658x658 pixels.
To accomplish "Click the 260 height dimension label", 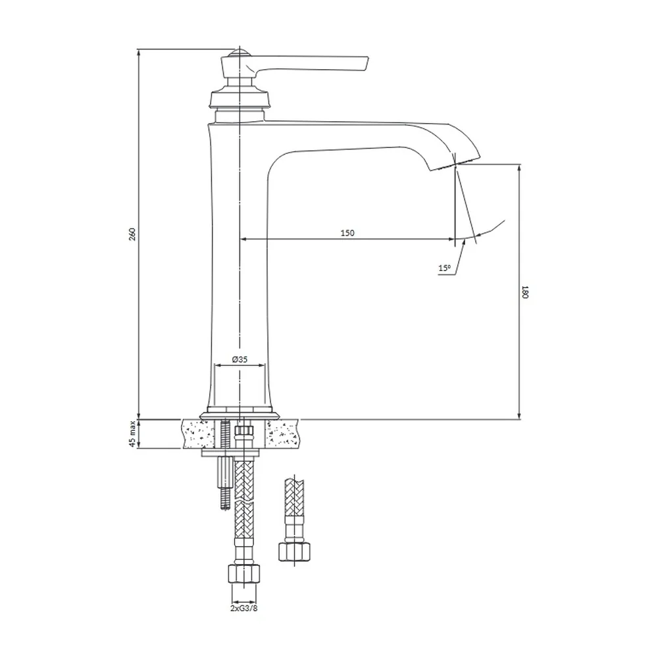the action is pos(132,234).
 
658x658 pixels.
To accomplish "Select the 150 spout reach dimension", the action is pos(347,232).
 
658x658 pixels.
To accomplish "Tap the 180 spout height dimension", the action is pos(525,291).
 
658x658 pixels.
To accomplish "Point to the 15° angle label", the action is pos(444,268).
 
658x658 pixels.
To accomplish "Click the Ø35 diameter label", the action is pos(240,359).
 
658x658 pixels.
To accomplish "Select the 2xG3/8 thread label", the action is pos(244,608).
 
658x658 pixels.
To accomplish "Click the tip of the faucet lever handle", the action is pos(367,63).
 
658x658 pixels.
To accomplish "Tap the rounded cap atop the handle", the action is pos(240,53).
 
